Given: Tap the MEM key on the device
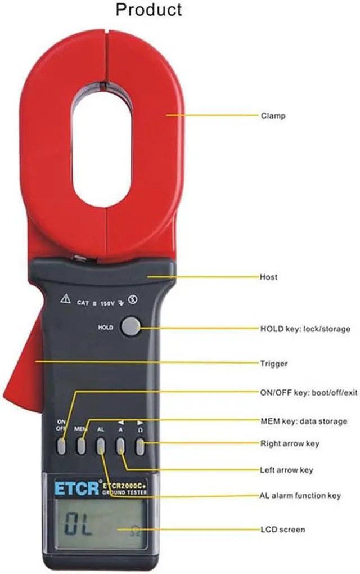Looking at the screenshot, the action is pos(82,446).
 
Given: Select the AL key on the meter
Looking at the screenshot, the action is pos(101,446).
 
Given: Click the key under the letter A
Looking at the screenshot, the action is pos(120,446).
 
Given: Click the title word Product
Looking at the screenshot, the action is pos(148,10).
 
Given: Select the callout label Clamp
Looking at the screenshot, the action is pos(273,116).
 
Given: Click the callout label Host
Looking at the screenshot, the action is pos(268,277).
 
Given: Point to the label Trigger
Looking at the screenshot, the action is pos(274,364).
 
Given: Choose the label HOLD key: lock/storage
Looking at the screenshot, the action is pos(305,329).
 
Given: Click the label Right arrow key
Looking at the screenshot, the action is pos(290,443).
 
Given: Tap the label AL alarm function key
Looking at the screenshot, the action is pos(300,496).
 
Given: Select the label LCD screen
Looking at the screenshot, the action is pos(282,530).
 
